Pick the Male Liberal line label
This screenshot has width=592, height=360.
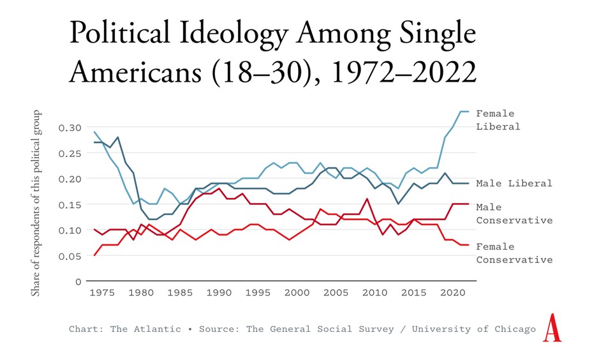[514, 183]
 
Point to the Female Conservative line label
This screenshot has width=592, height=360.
[514, 253]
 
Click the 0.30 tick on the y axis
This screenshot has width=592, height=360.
[71, 128]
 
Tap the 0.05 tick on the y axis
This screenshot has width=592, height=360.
[71, 256]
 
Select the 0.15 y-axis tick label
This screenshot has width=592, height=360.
[71, 204]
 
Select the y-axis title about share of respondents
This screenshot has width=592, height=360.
[36, 203]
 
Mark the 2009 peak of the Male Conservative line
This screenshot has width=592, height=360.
[367, 199]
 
